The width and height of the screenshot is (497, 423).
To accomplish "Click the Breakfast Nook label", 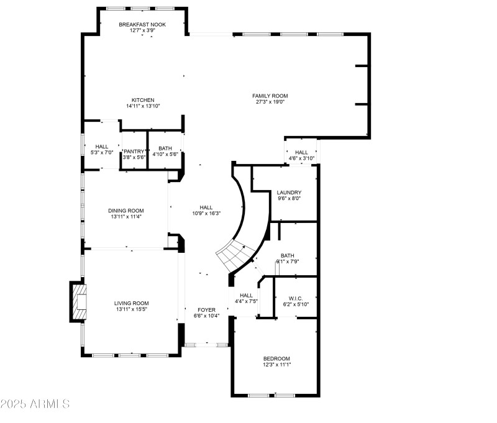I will [x=143, y=24].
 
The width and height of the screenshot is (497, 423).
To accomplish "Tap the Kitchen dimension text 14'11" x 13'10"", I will [x=143, y=106].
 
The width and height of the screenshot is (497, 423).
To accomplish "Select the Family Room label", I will [x=270, y=96].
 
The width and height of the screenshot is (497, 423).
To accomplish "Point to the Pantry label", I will [x=134, y=151].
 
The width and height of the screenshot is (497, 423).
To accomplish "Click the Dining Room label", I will [x=126, y=211].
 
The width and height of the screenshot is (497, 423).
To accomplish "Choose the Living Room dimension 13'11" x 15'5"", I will [x=131, y=309].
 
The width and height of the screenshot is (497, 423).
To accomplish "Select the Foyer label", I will [x=206, y=309].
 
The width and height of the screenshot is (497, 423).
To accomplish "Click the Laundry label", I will [x=289, y=193].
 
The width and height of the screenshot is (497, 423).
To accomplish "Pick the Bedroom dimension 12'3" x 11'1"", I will [x=276, y=365].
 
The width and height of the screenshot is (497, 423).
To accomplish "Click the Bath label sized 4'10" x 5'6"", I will [x=165, y=148].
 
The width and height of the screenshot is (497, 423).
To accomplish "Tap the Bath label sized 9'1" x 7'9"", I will [x=288, y=255].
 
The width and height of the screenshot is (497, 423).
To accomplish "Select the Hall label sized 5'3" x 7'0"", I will [x=102, y=147].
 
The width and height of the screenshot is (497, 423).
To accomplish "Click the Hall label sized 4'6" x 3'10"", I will [x=301, y=152].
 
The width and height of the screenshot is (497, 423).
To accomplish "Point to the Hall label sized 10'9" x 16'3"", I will [x=206, y=207].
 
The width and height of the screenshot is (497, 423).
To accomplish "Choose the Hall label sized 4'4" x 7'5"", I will [x=246, y=295].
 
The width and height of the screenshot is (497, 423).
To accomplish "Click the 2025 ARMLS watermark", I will [x=35, y=404].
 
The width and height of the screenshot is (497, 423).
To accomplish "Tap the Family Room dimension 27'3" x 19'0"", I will [x=270, y=102].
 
